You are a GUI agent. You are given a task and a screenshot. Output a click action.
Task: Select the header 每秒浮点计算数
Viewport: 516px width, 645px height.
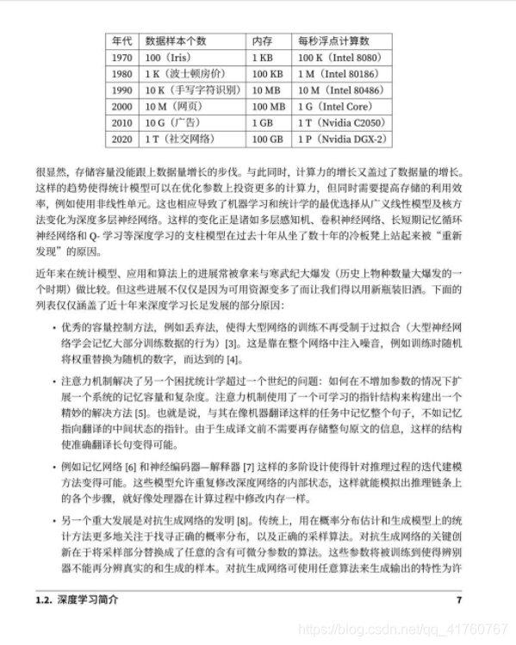(x=333, y=40)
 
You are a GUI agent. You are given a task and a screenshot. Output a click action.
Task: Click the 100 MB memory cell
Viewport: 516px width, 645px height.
(x=267, y=106)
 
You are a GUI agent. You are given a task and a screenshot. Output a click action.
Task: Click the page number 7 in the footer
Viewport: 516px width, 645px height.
(x=459, y=599)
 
